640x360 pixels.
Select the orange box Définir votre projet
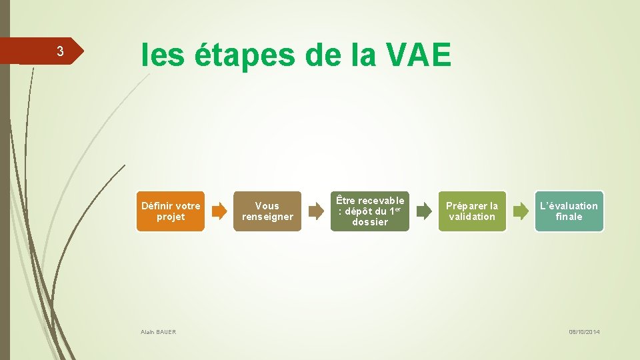click(x=171, y=211)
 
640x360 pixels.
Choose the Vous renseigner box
click(x=267, y=211)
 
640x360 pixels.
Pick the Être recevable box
click(x=370, y=211)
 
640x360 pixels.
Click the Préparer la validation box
click(x=472, y=211)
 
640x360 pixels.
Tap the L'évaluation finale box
click(x=569, y=211)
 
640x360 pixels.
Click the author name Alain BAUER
click(x=159, y=332)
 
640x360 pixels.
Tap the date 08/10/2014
click(x=584, y=332)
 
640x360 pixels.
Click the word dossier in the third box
click(x=370, y=222)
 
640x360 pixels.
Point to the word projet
click(x=171, y=217)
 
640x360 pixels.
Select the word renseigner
click(x=267, y=217)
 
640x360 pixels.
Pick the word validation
click(x=472, y=217)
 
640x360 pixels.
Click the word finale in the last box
click(x=569, y=217)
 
